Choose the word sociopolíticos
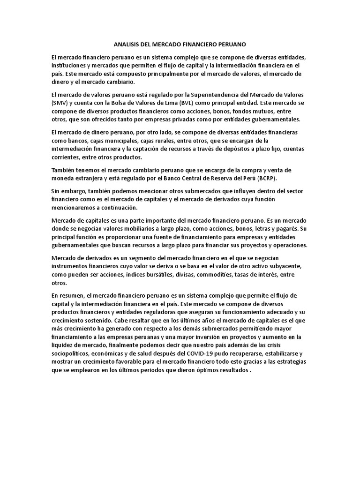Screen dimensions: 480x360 click(75, 353)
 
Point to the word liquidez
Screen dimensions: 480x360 click(63, 345)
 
